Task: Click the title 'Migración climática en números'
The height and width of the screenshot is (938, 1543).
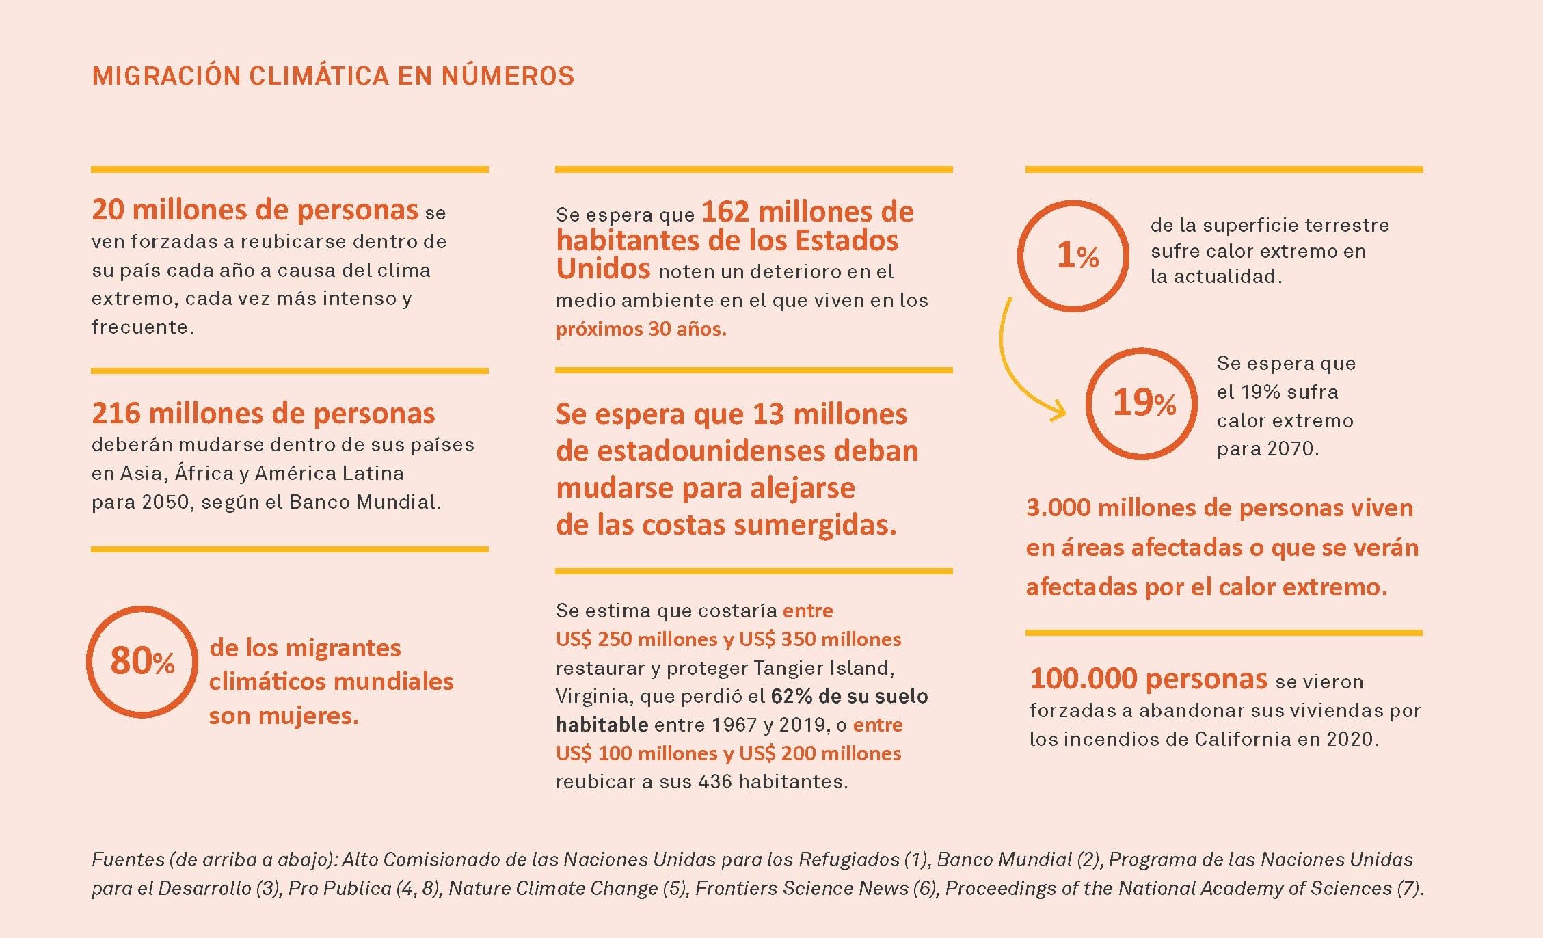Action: [333, 76]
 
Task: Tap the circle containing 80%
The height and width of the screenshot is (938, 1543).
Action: [142, 661]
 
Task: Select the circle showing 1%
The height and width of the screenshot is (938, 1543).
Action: [1073, 256]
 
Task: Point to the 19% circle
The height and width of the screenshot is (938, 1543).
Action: [1142, 403]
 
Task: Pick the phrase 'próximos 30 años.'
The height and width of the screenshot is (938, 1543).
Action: [641, 330]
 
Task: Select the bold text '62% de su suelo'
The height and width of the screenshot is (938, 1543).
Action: [849, 697]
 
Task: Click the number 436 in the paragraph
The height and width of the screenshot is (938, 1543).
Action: [714, 782]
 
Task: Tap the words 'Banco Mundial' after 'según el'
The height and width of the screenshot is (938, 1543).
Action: [362, 502]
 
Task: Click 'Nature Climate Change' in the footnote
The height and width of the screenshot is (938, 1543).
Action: [552, 889]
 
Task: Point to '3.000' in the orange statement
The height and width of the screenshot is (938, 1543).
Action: [1058, 508]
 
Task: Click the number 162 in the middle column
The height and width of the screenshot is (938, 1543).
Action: [725, 213]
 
